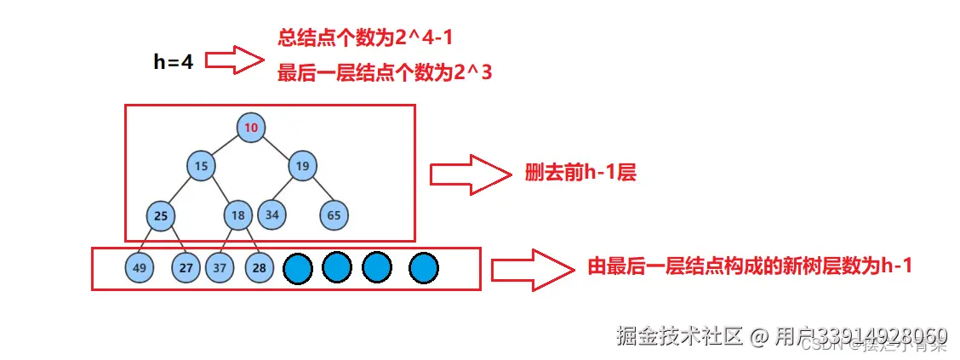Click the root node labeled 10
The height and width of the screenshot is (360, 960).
[251, 128]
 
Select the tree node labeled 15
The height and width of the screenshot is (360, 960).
[201, 166]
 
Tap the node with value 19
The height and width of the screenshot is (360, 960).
[301, 166]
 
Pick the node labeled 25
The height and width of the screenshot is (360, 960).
[160, 215]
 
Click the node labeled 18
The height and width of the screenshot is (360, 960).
[239, 215]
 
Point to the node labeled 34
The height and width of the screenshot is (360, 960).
[271, 214]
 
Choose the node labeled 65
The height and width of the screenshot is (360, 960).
[334, 215]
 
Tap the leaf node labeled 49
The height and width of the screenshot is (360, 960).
[140, 268]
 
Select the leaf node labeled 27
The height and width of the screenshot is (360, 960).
[186, 268]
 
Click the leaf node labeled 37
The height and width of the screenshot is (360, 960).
[220, 268]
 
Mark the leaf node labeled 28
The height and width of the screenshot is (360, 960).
[260, 268]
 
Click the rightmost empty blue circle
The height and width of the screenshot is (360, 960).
[423, 269]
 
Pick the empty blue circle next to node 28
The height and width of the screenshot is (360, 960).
[298, 269]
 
